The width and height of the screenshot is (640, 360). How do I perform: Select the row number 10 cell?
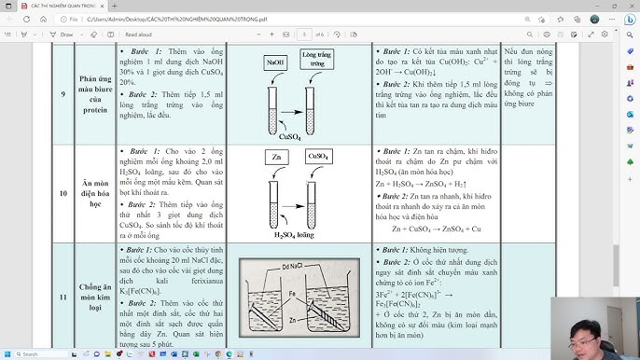click(62, 193)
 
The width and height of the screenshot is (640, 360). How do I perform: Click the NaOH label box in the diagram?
click(275, 62)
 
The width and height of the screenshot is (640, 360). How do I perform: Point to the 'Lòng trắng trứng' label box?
click(317, 61)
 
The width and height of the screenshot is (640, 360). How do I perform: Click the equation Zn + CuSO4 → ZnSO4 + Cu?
click(436, 228)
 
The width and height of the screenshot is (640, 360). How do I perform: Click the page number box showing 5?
click(305, 34)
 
